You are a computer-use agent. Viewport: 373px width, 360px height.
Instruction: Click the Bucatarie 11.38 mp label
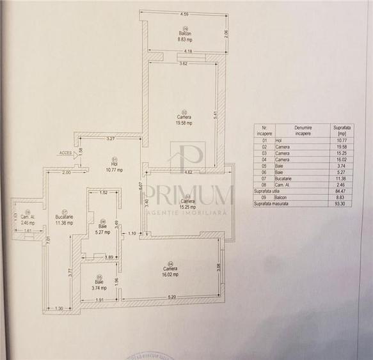(x=65, y=219)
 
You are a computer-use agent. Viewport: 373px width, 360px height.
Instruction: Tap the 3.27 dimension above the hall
(x=110, y=139)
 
